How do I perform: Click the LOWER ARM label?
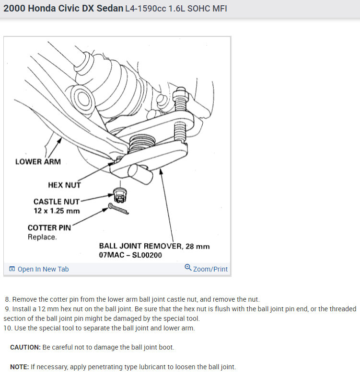(x=38, y=161)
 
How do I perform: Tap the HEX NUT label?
(x=64, y=185)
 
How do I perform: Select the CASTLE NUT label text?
(x=57, y=202)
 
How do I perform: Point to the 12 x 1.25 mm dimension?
(x=57, y=211)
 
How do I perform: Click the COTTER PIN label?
(x=49, y=227)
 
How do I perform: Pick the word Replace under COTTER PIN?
(x=42, y=237)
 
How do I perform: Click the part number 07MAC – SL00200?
(x=130, y=255)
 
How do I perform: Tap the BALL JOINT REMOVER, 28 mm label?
(x=154, y=246)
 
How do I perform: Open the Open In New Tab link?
(x=43, y=269)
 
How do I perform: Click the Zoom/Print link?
(x=210, y=269)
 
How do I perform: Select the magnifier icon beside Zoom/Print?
(x=188, y=267)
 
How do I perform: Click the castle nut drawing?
(x=120, y=195)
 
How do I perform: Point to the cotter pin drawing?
(x=118, y=208)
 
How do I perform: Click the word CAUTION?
(x=25, y=347)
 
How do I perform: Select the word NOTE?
(x=19, y=367)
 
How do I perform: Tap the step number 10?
(x=8, y=328)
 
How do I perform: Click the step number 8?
(x=8, y=299)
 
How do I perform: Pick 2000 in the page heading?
(x=14, y=8)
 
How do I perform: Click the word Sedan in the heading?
(x=110, y=8)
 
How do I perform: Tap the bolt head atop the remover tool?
(x=180, y=92)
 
